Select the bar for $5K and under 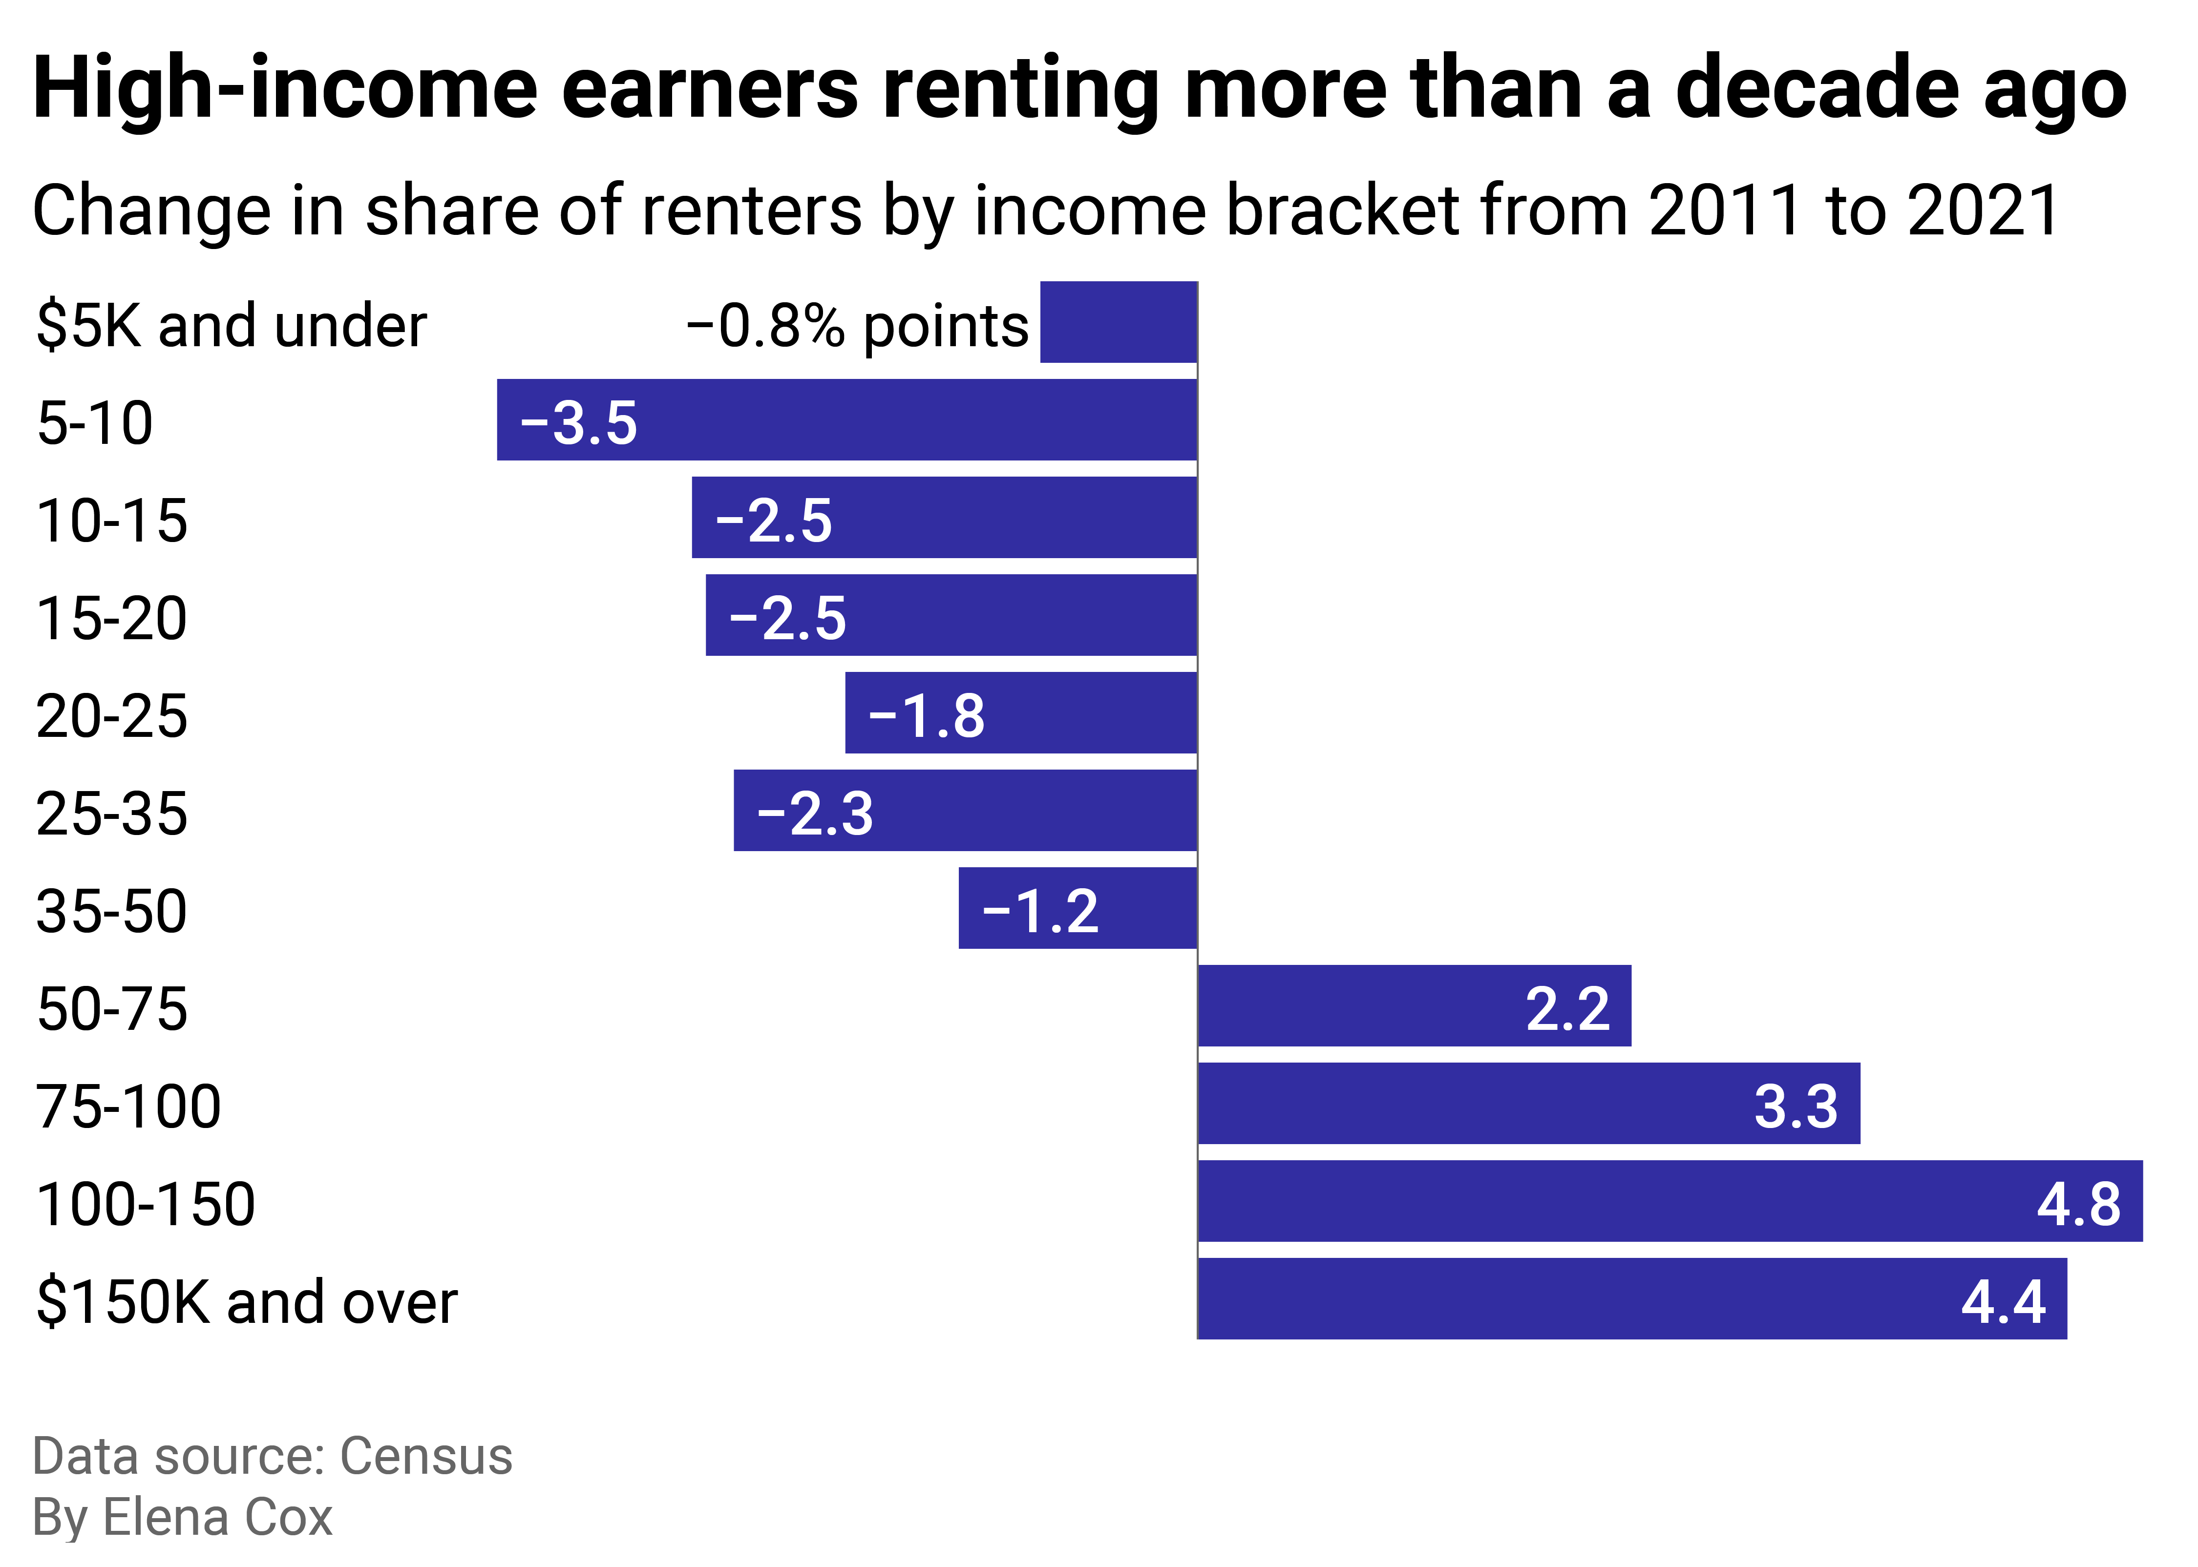click(x=1119, y=322)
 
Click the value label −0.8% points click(x=857, y=326)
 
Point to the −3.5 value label click(x=579, y=423)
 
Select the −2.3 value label click(x=815, y=814)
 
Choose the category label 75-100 click(x=128, y=1107)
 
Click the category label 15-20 click(x=112, y=619)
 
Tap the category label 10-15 click(x=112, y=521)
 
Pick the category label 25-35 click(x=112, y=814)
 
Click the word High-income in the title click(x=285, y=89)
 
